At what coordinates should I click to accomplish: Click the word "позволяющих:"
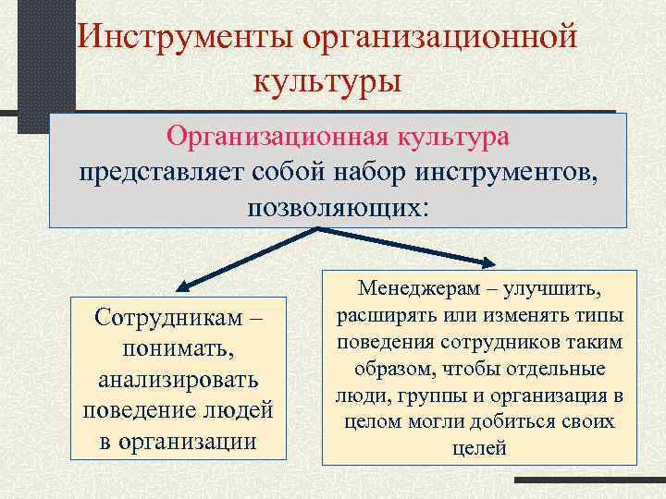click(x=338, y=204)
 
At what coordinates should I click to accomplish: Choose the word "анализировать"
click(x=179, y=380)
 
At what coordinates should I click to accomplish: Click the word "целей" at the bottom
click(x=480, y=450)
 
